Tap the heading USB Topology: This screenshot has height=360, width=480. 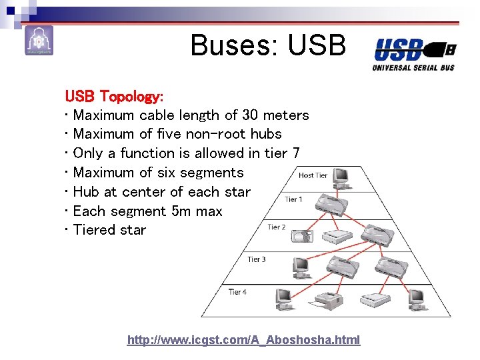[x=109, y=96]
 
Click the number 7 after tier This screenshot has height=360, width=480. [x=295, y=153]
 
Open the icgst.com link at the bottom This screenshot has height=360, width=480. [x=243, y=340]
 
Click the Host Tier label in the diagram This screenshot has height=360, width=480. [x=313, y=175]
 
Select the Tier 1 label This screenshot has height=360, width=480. [x=293, y=199]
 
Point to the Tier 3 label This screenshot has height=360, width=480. [x=257, y=259]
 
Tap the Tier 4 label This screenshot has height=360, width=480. [x=237, y=291]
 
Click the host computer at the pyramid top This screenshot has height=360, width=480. [x=341, y=177]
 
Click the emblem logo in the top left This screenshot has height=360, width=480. [x=39, y=41]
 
